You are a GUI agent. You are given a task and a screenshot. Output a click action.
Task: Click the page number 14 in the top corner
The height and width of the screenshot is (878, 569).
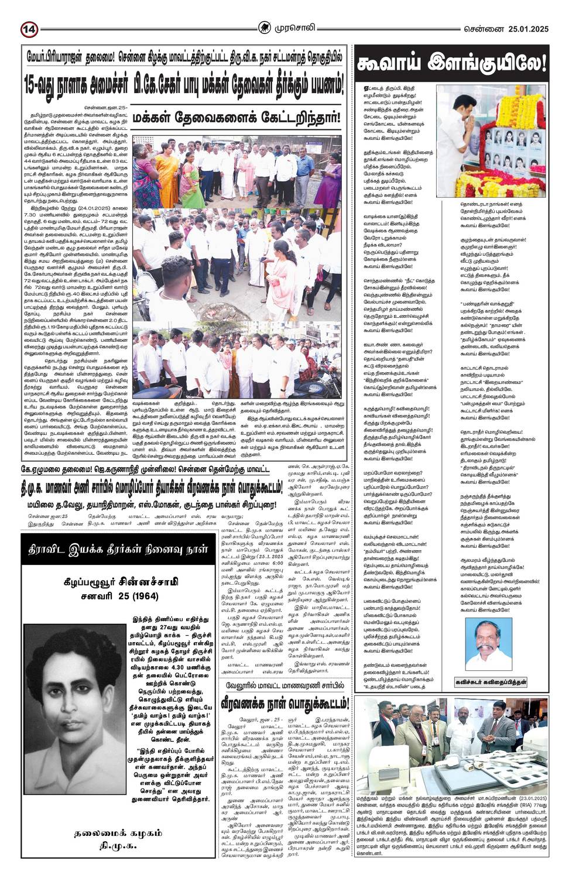click(29, 29)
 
